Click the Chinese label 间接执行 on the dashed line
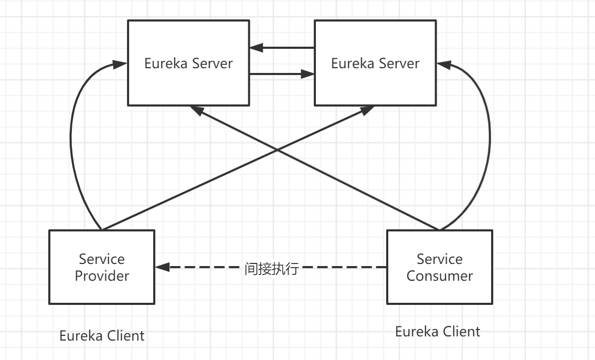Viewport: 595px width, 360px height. click(x=271, y=269)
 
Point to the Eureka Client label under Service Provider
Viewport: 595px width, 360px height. click(x=102, y=336)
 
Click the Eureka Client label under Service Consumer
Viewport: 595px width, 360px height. click(x=437, y=332)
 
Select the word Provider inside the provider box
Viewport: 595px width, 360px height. click(x=102, y=276)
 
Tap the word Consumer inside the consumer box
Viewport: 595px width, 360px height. click(x=439, y=276)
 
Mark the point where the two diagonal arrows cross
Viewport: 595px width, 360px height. click(x=278, y=151)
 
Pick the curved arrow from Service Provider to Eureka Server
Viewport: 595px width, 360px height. click(x=72, y=142)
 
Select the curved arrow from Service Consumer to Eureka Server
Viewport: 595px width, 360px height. click(x=489, y=142)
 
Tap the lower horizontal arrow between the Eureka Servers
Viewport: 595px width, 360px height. click(x=282, y=74)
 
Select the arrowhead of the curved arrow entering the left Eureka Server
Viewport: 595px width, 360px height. click(x=120, y=65)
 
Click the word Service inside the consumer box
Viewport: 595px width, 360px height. click(x=439, y=259)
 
